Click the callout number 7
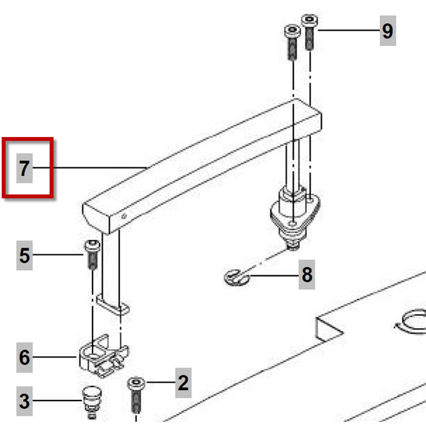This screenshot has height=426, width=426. tap(24, 168)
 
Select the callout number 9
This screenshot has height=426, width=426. tap(388, 30)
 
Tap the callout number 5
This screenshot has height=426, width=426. tap(24, 256)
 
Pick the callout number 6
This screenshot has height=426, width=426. tap(24, 357)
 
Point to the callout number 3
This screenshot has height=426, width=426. tap(24, 401)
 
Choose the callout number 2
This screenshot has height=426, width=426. tap(183, 383)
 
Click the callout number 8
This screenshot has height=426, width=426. tap(307, 274)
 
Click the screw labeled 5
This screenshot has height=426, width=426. tap(93, 254)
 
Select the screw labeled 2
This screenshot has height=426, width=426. tap(136, 396)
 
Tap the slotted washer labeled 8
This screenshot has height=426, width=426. tap(237, 278)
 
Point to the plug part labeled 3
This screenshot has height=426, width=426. tap(91, 402)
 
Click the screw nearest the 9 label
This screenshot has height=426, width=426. tap(309, 32)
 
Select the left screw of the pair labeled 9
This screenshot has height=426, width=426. tap(292, 42)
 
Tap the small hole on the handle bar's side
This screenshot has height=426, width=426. tap(124, 216)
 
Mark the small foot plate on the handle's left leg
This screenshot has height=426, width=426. tap(113, 305)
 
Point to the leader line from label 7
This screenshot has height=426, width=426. tap(90, 168)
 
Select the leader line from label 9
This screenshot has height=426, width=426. tap(349, 30)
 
